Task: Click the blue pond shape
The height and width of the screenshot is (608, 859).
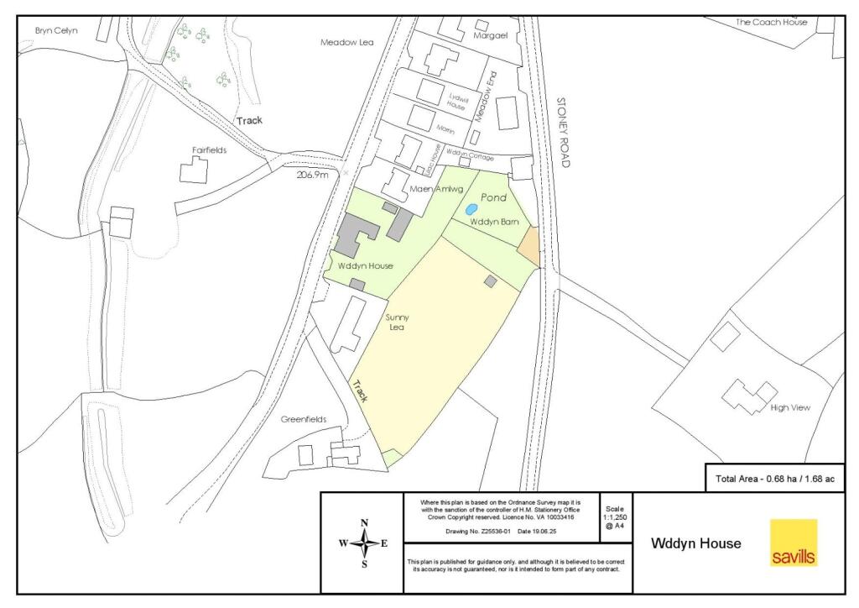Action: click(x=471, y=208)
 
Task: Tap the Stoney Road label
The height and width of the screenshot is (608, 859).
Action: click(x=563, y=133)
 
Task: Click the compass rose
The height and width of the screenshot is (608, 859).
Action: click(x=364, y=543)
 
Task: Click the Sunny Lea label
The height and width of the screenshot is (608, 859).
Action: click(x=395, y=322)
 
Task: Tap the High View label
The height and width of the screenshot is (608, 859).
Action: click(x=790, y=408)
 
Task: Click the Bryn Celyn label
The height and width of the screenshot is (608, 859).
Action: click(x=56, y=31)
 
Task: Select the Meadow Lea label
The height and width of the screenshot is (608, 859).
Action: click(x=346, y=42)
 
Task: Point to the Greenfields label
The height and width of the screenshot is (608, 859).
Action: click(x=303, y=419)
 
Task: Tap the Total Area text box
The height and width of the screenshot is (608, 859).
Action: click(x=774, y=479)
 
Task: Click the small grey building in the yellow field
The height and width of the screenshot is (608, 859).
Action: click(x=490, y=282)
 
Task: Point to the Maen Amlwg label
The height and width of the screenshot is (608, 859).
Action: click(x=436, y=188)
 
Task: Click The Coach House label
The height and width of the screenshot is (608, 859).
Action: click(x=771, y=22)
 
